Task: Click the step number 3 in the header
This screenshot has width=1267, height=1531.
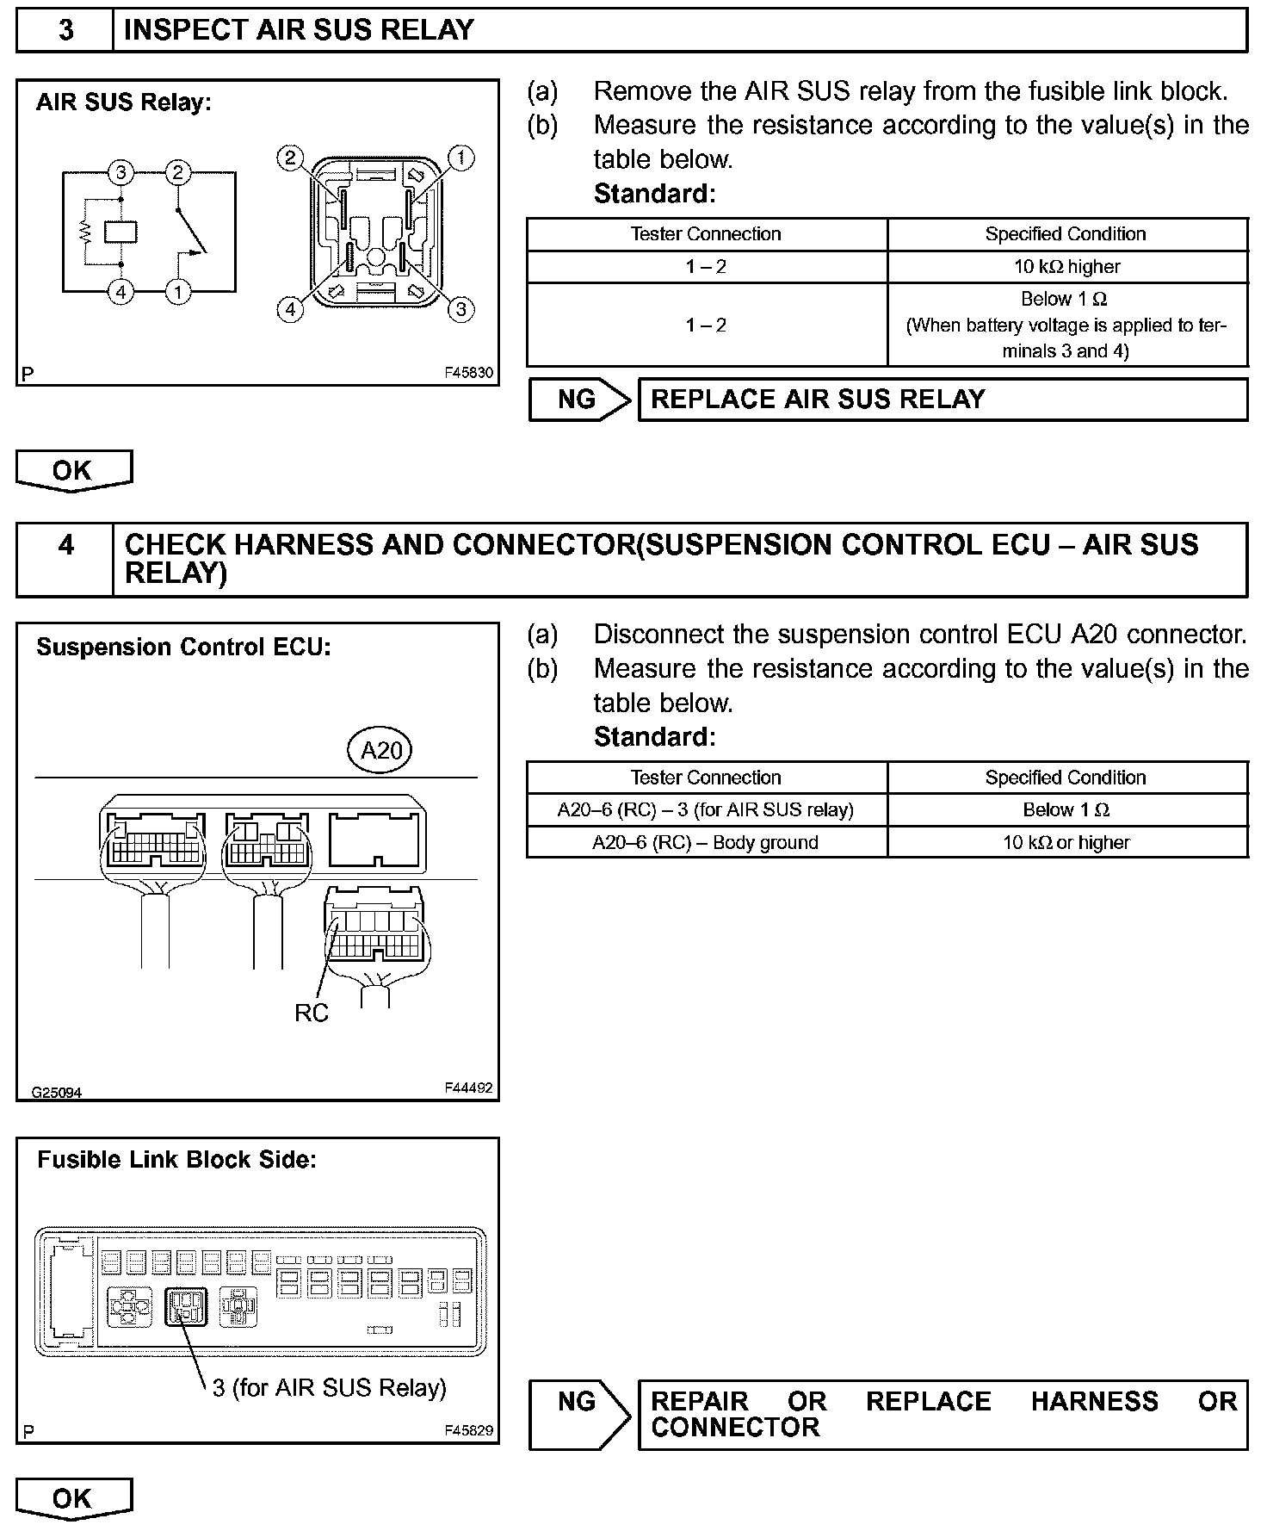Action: (x=65, y=30)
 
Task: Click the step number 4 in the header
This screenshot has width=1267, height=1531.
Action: (x=65, y=545)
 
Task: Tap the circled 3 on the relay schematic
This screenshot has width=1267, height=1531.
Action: (x=121, y=173)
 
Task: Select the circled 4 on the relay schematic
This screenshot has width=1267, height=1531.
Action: (x=121, y=293)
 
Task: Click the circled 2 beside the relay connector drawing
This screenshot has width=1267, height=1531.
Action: (x=290, y=158)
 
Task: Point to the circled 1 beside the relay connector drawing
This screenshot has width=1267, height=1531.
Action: (x=461, y=158)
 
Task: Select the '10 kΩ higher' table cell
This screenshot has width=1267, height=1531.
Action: (x=1067, y=267)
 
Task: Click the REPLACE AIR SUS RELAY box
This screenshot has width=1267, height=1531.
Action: (x=943, y=400)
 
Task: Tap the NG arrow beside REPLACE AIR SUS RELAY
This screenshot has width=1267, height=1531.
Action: (x=579, y=400)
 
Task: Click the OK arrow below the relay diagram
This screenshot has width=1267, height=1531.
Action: (x=73, y=470)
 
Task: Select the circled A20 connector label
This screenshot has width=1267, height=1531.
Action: (x=380, y=750)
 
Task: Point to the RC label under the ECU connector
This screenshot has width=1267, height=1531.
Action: (x=312, y=1013)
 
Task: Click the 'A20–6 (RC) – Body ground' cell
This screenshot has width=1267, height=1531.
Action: (x=706, y=842)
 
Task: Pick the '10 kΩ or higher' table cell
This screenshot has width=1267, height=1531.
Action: (x=1067, y=842)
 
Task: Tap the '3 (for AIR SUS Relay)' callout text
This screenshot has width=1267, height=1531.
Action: (x=330, y=1387)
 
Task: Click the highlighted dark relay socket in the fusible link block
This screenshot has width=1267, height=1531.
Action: (x=186, y=1306)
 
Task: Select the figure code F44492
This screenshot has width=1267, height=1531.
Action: (x=468, y=1088)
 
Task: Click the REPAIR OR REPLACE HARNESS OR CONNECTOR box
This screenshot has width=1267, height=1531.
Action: (x=943, y=1415)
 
